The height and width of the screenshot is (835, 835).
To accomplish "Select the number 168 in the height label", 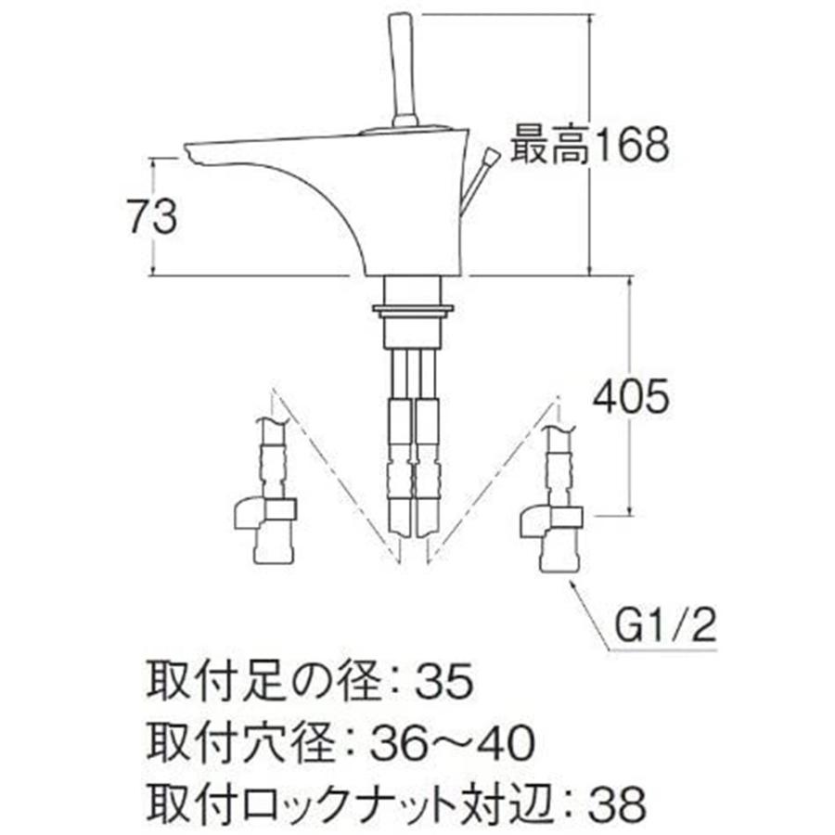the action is tap(630, 145).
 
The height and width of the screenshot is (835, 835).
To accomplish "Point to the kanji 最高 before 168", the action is tap(549, 145).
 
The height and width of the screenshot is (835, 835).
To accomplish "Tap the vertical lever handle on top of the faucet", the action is tap(405, 70).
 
